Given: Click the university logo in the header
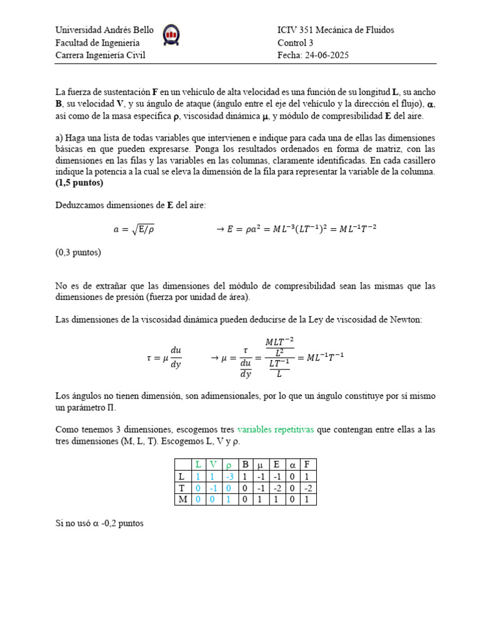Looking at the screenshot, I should tap(172, 36).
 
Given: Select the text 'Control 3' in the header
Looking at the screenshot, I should tap(296, 42).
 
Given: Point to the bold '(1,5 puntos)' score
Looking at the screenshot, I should tap(79, 183).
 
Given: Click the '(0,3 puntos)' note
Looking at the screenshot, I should tap(78, 252).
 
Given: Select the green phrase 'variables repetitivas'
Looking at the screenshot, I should tap(276, 430).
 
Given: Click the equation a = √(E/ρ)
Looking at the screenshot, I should tap(133, 229).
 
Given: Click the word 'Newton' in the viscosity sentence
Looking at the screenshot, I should tap(407, 319).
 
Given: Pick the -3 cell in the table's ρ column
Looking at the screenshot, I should tap(229, 476).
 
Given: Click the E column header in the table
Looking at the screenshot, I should tap(276, 464).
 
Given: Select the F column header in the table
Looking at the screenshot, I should tap(307, 464).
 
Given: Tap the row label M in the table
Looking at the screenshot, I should tap(181, 499).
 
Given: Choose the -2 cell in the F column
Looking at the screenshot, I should tap(307, 487).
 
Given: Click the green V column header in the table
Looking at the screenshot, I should tap(214, 464).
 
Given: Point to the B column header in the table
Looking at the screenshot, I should tap(245, 464).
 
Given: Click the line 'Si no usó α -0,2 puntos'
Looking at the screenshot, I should tap(99, 523).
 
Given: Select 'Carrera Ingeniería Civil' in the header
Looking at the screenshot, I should tap(100, 55).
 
